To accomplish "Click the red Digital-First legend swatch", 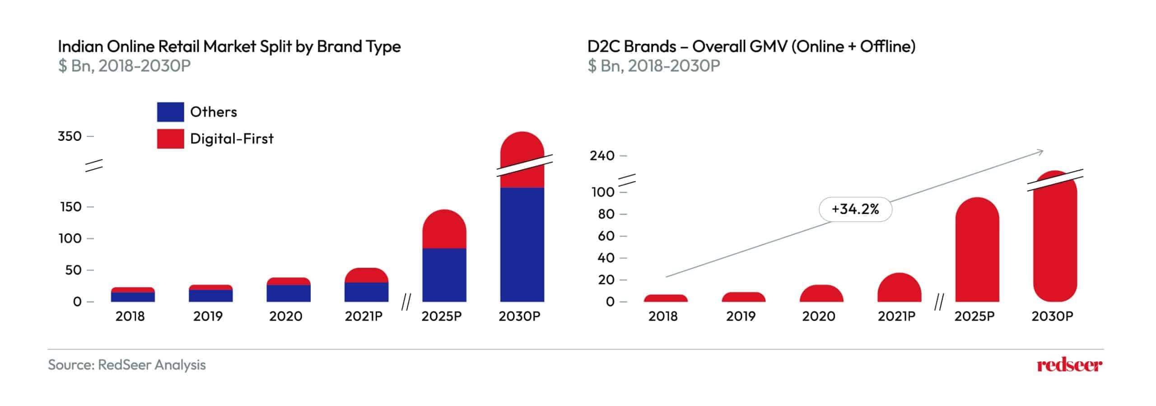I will (170, 139).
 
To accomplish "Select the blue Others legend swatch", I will (170, 112).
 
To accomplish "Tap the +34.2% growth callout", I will (855, 209).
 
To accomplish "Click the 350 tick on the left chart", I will (70, 136).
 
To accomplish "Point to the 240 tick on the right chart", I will (602, 156).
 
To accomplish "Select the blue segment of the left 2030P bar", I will (522, 244).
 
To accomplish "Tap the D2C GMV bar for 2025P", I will (977, 251).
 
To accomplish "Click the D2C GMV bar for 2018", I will (666, 299).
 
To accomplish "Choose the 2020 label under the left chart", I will (285, 316).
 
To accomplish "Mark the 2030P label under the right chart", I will (1052, 316).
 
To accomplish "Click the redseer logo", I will (1069, 365).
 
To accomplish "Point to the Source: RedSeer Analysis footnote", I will (127, 365).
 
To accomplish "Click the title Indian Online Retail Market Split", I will (229, 47).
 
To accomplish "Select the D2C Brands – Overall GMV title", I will (751, 47).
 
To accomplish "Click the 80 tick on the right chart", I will (606, 214).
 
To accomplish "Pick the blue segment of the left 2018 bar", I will (133, 297).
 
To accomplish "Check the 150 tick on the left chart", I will (70, 207).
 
